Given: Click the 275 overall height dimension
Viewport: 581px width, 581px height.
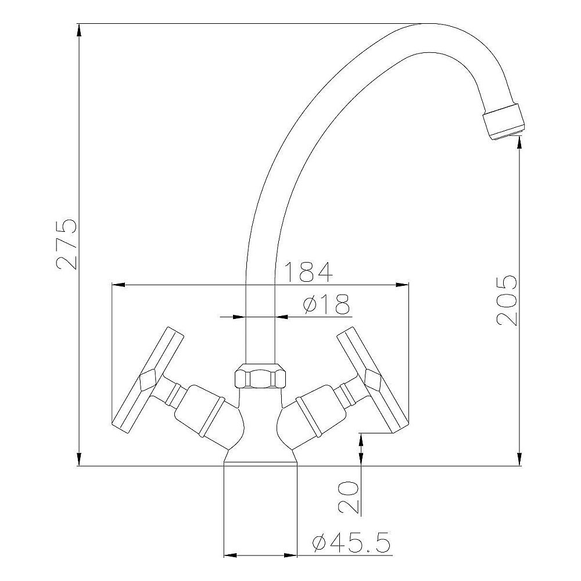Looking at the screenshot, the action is point(67,244).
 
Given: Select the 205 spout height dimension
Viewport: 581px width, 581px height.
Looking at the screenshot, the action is point(507,300).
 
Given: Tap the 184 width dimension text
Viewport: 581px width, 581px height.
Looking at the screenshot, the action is point(309,271).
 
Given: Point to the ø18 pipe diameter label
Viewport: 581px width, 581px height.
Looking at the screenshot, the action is point(326,304).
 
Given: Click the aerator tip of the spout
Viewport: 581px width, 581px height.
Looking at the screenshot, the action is point(504,121).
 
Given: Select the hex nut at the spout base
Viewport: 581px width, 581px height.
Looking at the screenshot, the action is point(260,376).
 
